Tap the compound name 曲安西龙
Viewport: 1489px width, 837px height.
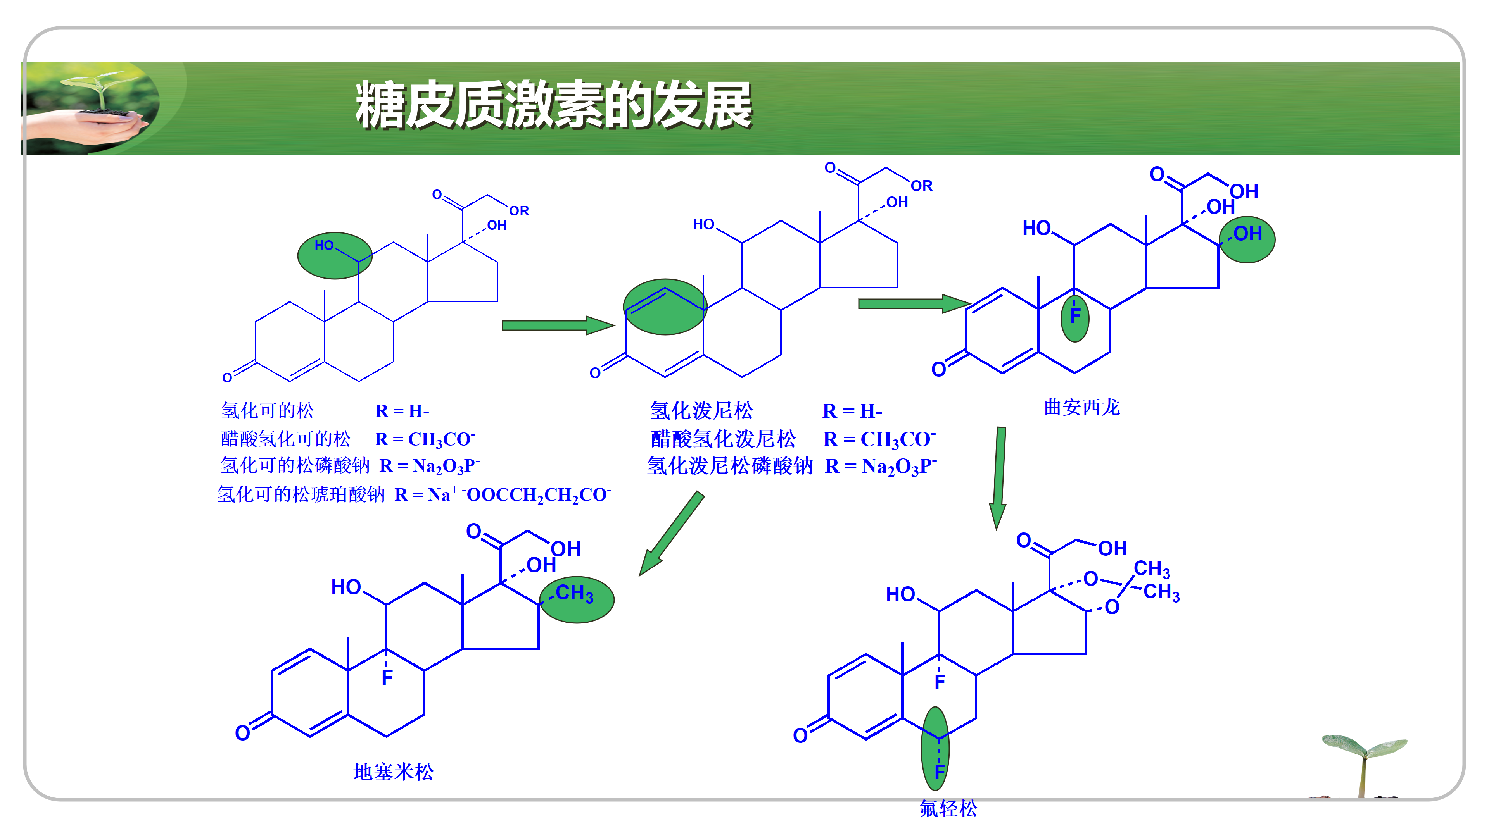coord(1081,407)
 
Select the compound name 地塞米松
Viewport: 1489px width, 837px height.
coord(393,772)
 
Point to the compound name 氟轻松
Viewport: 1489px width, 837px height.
coord(948,808)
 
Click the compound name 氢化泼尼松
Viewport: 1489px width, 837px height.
coord(701,411)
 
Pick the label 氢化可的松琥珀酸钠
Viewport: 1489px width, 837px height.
coord(301,494)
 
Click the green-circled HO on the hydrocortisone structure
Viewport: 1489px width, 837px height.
coord(325,246)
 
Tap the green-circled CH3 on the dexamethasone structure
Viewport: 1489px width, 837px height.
coord(575,594)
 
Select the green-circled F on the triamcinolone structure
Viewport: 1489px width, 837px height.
coord(1074,316)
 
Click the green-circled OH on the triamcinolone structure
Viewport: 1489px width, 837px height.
coord(1247,234)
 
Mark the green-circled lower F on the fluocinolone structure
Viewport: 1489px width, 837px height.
coord(939,771)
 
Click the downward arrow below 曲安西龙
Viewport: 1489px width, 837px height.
coord(999,477)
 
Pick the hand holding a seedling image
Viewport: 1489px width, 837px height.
coord(93,108)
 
